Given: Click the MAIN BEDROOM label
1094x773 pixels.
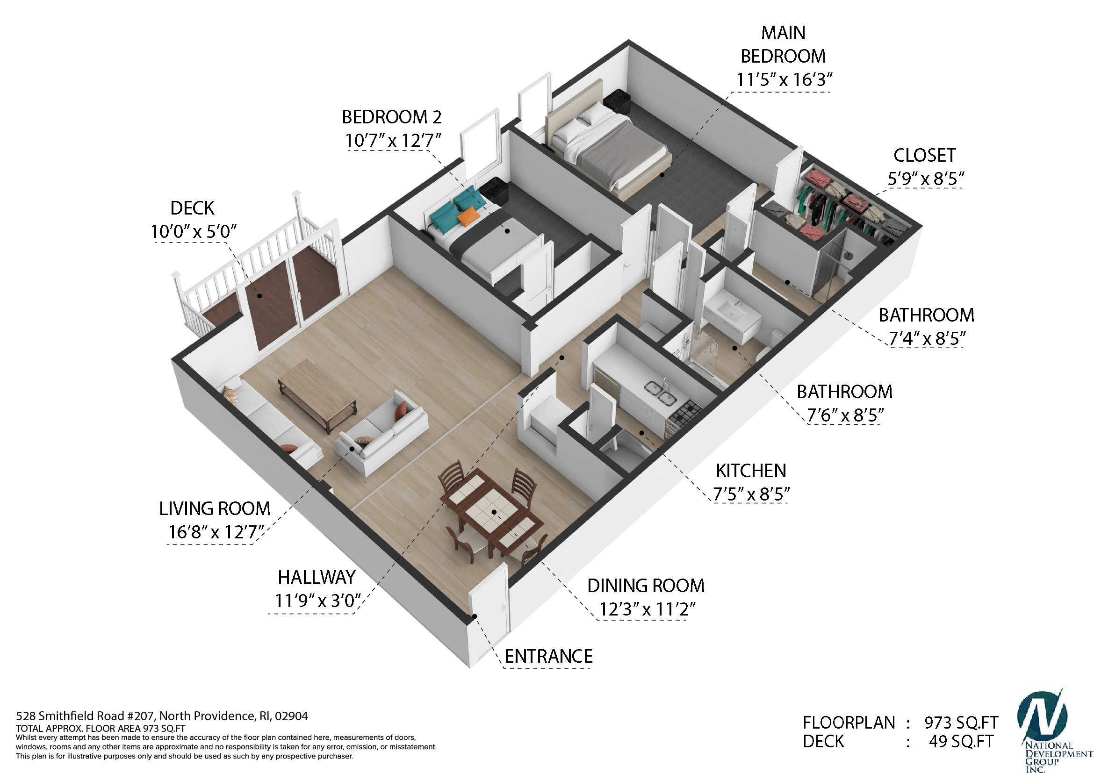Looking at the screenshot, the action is tap(783, 44).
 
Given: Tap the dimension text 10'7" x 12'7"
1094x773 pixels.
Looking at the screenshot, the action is tap(393, 141).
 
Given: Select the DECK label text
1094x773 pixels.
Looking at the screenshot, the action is tap(193, 208).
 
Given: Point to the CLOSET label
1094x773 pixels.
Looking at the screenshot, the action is tap(924, 155).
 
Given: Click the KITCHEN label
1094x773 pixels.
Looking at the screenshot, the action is tap(751, 471).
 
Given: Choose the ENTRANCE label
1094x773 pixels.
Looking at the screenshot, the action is tap(548, 656).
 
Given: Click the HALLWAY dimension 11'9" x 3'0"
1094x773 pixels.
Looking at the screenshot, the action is tap(318, 601).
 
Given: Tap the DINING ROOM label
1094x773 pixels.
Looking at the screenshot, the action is tap(646, 586).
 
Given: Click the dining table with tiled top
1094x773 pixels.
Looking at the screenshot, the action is tap(492, 511).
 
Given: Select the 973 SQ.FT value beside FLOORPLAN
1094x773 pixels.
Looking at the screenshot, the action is tap(961, 723).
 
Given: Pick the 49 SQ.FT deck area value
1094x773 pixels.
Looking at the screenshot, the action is tap(961, 742).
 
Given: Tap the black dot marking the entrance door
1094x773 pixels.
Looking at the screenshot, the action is tap(475, 616).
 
